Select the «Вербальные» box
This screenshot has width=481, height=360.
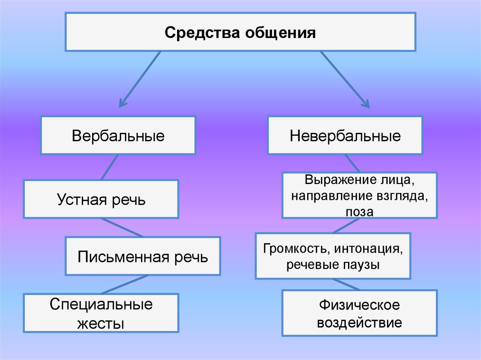[118, 136]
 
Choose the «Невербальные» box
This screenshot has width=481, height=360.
[345, 136]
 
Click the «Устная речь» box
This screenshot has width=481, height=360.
[101, 199]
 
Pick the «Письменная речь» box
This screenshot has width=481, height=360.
[143, 256]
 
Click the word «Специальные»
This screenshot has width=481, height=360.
[101, 305]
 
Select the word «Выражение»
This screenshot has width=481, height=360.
[334, 180]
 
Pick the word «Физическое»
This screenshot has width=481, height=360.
[359, 305]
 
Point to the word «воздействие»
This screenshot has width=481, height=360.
[359, 322]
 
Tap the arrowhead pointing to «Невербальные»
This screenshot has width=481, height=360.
[365, 104]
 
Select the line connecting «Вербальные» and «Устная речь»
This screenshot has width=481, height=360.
[109, 167]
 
